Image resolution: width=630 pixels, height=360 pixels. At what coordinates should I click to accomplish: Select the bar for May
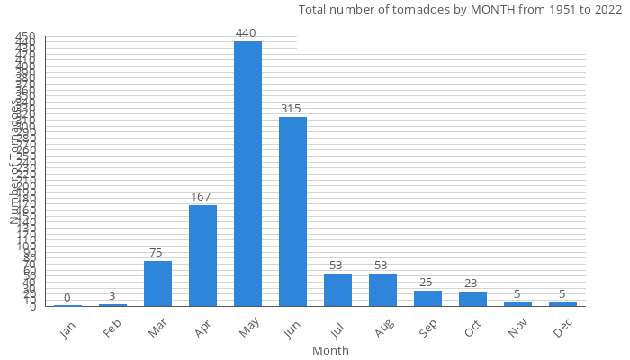(247, 174)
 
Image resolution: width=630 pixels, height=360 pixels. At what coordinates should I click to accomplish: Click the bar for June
(292, 211)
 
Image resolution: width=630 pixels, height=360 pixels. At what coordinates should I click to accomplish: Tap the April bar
(202, 256)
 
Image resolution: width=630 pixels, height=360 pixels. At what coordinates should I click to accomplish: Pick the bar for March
(157, 283)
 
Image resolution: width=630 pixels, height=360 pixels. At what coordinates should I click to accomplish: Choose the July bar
(337, 290)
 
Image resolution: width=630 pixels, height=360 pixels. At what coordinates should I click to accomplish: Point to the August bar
(382, 290)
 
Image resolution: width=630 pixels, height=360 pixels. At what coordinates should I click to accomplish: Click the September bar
(427, 298)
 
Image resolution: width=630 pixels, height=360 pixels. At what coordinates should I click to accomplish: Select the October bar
(472, 299)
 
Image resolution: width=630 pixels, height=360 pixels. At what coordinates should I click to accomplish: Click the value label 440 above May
(247, 33)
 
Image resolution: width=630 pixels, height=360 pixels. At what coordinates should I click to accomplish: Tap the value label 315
(291, 109)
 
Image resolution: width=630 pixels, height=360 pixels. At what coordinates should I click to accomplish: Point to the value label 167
(202, 197)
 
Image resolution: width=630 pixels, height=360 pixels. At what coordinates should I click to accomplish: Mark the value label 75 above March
(157, 253)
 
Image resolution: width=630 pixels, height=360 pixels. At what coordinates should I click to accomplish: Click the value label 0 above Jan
(67, 298)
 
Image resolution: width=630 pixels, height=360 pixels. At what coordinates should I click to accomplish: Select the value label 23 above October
(471, 283)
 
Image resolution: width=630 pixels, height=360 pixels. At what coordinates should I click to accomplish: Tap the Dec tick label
(562, 328)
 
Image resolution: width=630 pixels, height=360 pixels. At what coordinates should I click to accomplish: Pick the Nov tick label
(517, 328)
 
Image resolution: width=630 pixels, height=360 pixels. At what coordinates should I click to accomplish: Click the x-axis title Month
(330, 350)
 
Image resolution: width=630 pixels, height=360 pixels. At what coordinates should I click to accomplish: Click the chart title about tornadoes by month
(460, 10)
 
